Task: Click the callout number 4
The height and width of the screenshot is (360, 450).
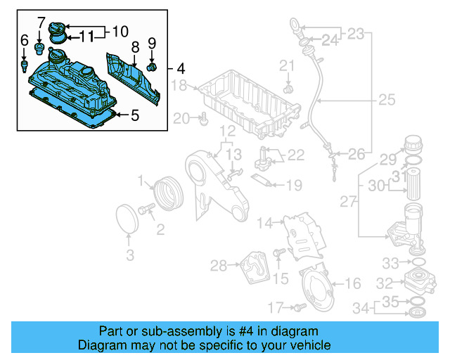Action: pos(181,69)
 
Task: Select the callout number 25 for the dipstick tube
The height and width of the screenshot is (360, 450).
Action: pos(387,101)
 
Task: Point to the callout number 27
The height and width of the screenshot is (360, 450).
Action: pos(348,202)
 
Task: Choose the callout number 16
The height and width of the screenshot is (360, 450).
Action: pos(353,284)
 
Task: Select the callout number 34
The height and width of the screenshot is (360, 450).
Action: pos(359,307)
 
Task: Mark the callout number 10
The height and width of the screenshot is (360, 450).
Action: pos(120,31)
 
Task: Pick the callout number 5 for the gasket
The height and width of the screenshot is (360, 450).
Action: pos(135,114)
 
